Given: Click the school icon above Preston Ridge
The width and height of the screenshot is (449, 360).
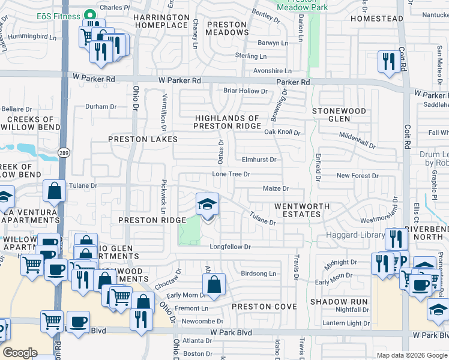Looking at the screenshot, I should (x=208, y=205).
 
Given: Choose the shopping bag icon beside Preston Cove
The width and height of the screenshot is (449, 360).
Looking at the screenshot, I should (x=214, y=286).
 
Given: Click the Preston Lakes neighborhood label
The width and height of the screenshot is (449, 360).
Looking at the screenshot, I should (x=143, y=139).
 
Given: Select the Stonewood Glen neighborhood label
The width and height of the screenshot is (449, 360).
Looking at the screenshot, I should (x=339, y=115).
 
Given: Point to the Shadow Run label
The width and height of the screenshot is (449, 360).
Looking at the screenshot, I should (x=334, y=301).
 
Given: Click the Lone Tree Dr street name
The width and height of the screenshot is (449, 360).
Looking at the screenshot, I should (x=231, y=174).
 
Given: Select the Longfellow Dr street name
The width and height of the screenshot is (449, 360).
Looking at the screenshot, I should (x=229, y=247).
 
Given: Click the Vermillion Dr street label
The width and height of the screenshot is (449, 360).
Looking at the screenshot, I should (x=163, y=111).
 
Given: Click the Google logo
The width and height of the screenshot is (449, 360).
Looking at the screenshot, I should (x=20, y=353).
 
